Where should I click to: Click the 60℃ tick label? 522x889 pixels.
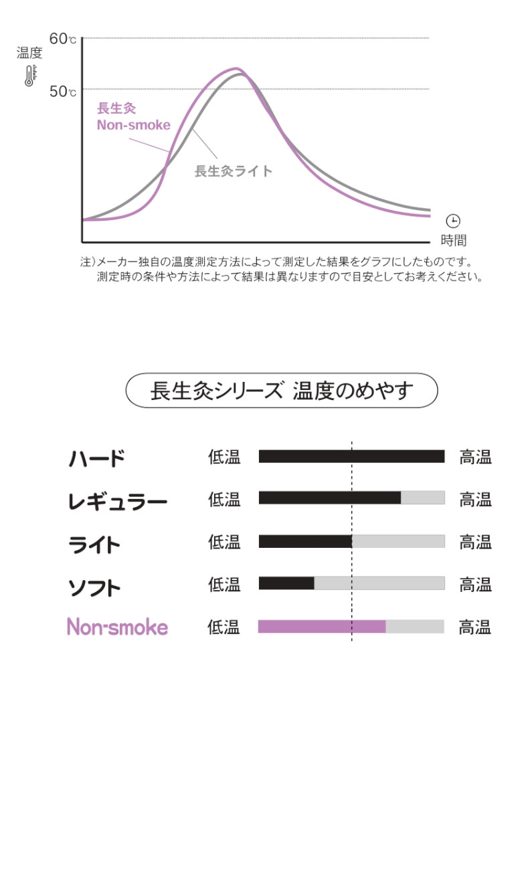(62, 39)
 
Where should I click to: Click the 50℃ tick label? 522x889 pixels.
(62, 90)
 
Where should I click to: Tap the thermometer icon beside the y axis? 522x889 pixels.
(29, 76)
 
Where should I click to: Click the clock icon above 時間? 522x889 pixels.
(453, 221)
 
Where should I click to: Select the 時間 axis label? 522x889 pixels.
(453, 241)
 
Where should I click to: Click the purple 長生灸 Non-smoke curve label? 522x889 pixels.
(133, 117)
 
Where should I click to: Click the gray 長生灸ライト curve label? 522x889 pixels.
(234, 171)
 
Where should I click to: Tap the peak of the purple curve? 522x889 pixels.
(236, 68)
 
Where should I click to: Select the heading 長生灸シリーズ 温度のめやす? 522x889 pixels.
(282, 391)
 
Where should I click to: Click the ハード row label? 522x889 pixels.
(97, 459)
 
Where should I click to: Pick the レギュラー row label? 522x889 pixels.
(117, 501)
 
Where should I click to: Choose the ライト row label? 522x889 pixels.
(94, 544)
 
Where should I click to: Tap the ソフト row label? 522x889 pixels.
(94, 587)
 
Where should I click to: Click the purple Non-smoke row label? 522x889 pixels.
(117, 627)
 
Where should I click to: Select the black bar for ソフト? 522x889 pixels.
(286, 583)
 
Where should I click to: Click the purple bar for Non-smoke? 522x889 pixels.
(322, 627)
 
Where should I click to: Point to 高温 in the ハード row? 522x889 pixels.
(475, 458)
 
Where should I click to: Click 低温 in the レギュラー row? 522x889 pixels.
(224, 500)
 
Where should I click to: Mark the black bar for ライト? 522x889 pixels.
(305, 541)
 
